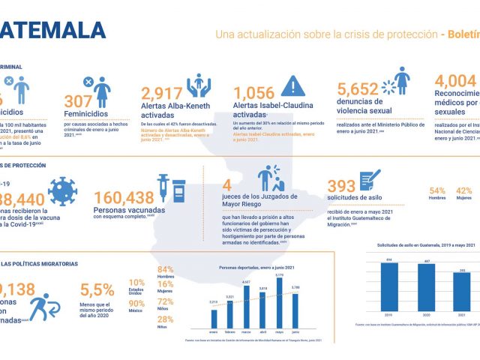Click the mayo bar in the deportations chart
tap(278, 305)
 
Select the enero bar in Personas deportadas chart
tap(213, 318)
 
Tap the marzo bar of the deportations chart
tap(246, 308)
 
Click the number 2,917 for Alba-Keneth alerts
tap(162, 93)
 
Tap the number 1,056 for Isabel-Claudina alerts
tap(266, 93)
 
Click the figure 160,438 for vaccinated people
tap(122, 197)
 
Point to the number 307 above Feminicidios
tap(77, 101)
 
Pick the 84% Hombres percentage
tap(165, 270)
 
